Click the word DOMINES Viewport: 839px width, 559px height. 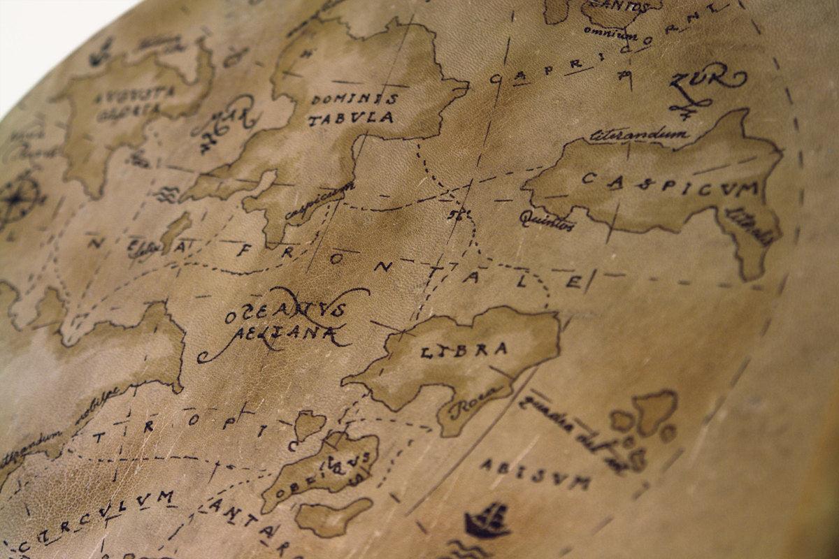(354, 99)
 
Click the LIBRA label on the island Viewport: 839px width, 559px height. (454, 350)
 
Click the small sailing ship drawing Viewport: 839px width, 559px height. (487, 521)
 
